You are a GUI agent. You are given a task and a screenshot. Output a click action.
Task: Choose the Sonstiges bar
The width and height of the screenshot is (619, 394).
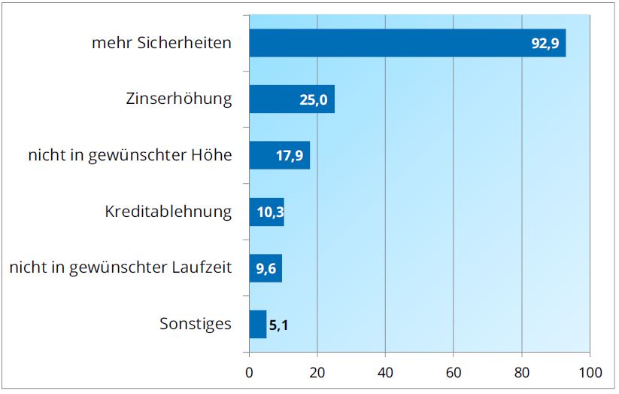pos(257,325)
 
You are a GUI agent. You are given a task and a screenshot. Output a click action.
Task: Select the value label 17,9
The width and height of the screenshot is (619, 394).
pos(290,156)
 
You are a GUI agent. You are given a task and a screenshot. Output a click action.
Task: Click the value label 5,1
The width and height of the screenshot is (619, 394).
pos(279,325)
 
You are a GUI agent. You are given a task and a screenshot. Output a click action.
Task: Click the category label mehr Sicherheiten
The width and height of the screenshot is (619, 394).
pos(161,43)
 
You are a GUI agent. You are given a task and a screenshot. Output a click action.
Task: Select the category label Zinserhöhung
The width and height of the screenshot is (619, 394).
pos(178,99)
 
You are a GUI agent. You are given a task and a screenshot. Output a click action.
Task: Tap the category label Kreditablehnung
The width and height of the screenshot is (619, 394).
pos(168,212)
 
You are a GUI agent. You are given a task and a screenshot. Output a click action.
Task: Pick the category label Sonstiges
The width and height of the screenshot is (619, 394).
pos(196,325)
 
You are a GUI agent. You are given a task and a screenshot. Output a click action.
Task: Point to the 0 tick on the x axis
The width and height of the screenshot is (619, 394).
pos(249,371)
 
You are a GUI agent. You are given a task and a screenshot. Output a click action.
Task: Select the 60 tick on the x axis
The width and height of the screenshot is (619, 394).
pos(454,371)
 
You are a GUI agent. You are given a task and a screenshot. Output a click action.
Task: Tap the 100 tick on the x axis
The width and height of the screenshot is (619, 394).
pos(590,371)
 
